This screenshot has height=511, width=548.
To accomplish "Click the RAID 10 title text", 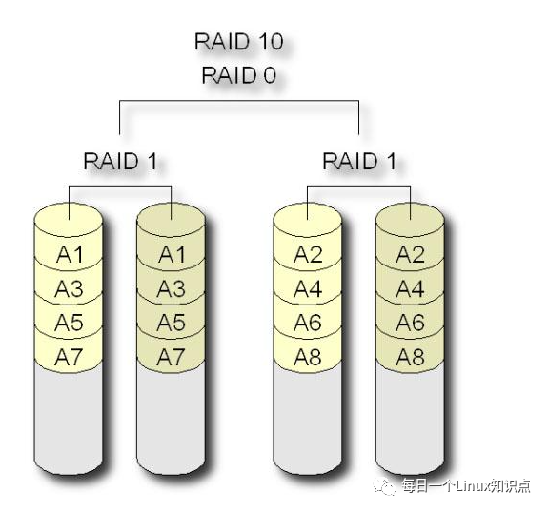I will (238, 43).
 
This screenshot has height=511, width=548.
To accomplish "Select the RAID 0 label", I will (238, 76).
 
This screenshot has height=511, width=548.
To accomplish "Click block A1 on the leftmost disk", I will (69, 254).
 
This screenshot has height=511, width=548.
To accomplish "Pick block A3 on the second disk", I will (172, 288).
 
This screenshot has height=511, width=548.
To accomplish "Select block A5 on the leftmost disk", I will (69, 323).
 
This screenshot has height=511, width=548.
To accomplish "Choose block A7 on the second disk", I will (172, 357).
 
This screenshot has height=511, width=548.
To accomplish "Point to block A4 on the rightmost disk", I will (411, 288).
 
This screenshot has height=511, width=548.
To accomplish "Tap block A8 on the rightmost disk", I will (411, 357).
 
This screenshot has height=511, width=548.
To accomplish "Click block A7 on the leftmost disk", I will (69, 357).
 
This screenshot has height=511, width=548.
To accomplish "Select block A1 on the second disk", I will (172, 254).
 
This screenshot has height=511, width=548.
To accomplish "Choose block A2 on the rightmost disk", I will (411, 254).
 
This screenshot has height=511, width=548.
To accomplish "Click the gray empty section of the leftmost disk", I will (69, 419).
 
